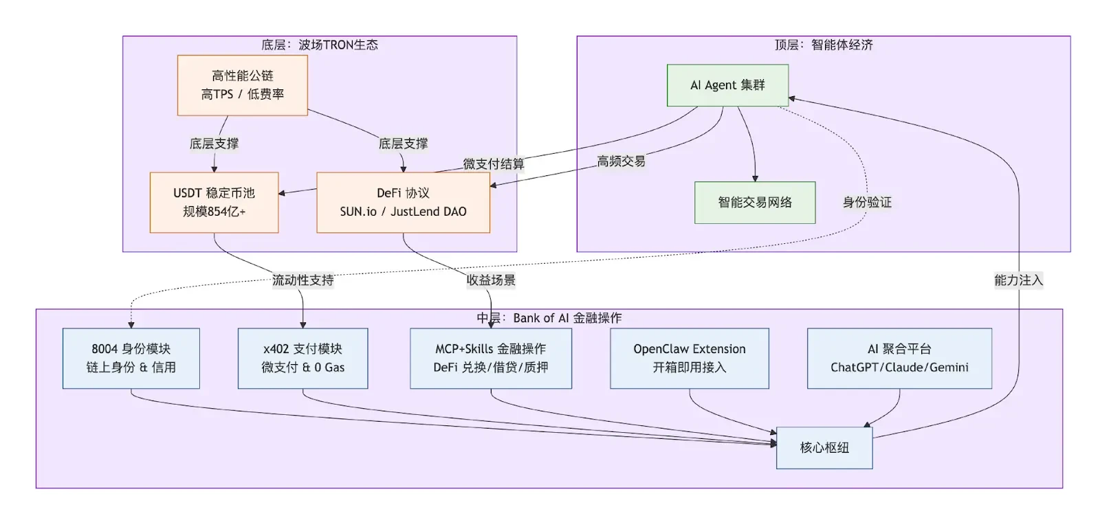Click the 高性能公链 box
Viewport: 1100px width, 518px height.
pos(242,85)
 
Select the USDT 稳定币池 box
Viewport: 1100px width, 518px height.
pos(214,202)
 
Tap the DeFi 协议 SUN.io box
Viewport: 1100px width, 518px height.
pos(403,202)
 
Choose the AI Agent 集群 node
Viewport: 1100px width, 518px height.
pos(727,85)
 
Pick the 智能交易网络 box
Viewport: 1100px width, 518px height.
pos(755,202)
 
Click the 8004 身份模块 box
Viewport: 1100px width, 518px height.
pos(131,358)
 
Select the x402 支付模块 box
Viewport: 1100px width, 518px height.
pos(302,358)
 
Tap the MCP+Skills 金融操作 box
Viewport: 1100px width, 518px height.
pos(490,358)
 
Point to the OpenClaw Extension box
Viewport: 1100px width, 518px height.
pos(689,358)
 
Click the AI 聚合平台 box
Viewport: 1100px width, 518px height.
pos(899,358)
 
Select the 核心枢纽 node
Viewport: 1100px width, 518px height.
pos(824,447)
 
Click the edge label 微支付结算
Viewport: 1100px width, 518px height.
pos(493,164)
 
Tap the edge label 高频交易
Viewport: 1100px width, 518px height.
pos(621,161)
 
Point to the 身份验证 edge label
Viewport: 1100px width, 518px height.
pos(867,202)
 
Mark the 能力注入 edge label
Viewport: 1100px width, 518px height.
pos(1018,280)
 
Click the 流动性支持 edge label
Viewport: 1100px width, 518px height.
pos(302,280)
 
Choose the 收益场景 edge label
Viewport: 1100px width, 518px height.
pos(490,280)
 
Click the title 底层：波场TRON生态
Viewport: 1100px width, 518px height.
pos(319,45)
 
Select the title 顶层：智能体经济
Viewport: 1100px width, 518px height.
pos(823,45)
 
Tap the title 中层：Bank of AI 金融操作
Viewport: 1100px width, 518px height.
pos(549,318)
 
